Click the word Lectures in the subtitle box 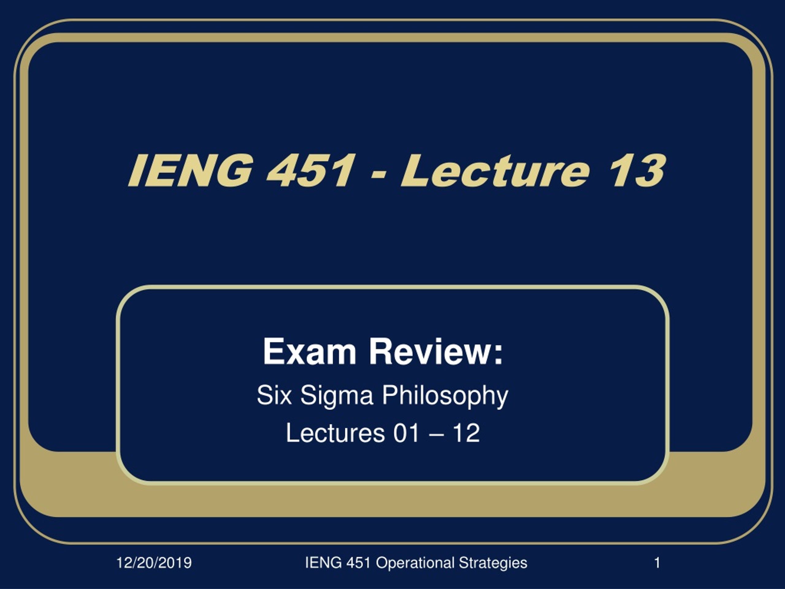click(x=335, y=433)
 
